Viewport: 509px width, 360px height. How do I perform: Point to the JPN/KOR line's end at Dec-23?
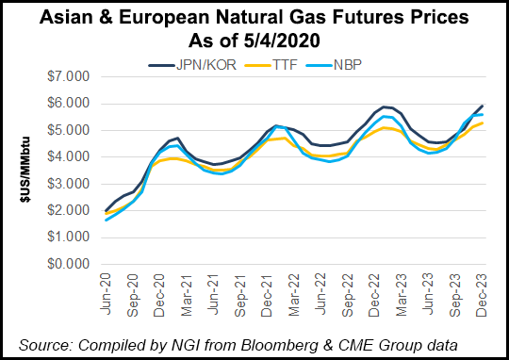point(484,106)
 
